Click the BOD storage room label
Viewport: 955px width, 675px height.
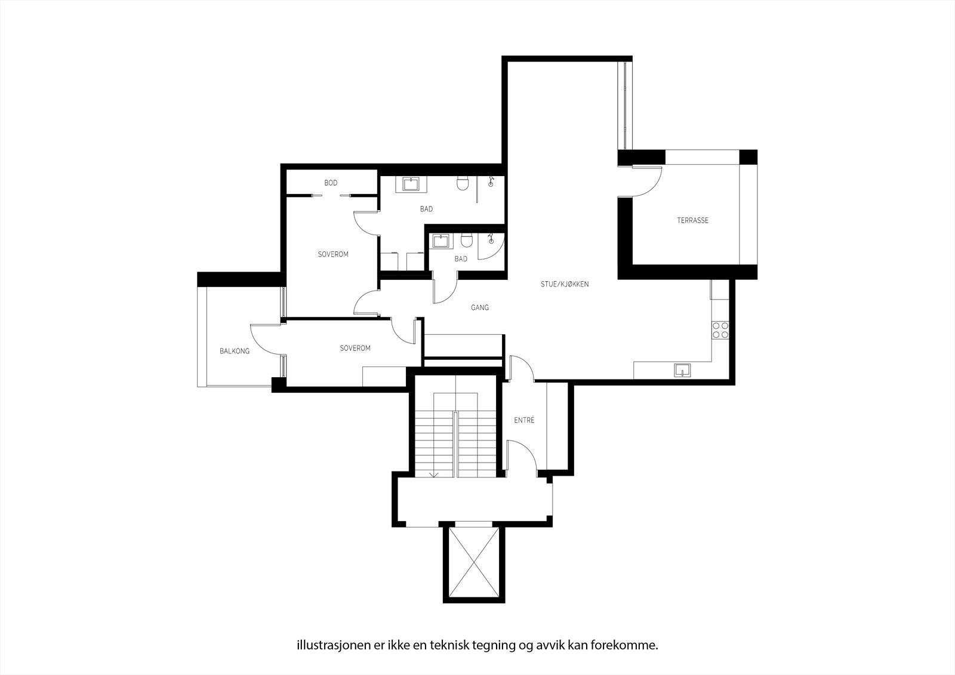click(331, 183)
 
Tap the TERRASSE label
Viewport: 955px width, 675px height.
click(692, 220)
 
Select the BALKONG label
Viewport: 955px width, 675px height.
click(235, 351)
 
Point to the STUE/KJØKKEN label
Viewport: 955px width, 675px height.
click(565, 284)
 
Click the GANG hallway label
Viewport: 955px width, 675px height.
click(480, 308)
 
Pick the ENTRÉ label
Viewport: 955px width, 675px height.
click(524, 420)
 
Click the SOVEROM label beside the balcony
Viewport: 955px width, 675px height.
click(355, 348)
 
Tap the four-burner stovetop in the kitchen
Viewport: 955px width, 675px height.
click(720, 330)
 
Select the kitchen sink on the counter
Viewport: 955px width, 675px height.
click(682, 370)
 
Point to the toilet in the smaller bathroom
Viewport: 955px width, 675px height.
click(466, 241)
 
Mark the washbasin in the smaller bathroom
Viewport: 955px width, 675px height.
click(442, 241)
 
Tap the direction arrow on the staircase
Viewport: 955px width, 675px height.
click(434, 474)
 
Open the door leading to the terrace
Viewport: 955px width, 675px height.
click(646, 182)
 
